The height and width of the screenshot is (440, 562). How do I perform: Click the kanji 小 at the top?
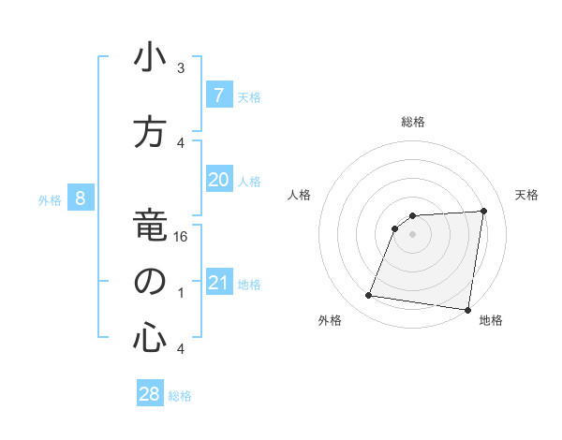point(149,59)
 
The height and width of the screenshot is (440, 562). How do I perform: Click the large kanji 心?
point(149,338)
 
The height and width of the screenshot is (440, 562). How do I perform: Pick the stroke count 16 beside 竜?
point(182,238)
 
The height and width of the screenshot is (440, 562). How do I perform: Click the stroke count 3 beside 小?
point(181,68)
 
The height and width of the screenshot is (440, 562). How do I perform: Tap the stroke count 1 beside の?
point(181,293)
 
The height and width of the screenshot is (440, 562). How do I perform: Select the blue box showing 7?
point(218,95)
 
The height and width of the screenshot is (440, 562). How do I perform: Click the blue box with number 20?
point(218,180)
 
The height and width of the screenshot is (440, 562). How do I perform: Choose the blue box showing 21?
point(218,283)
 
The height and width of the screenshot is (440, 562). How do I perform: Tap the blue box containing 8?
point(81,198)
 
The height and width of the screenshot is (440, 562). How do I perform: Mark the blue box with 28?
point(149,394)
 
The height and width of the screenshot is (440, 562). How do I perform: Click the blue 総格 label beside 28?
point(180,396)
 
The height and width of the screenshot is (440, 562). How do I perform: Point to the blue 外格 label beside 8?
point(50,199)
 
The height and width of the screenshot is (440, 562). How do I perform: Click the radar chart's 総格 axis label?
point(413,122)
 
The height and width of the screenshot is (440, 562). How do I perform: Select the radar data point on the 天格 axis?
point(483,211)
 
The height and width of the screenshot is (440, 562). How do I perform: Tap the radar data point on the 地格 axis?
point(466,310)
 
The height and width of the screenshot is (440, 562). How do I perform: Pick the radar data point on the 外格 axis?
point(369,296)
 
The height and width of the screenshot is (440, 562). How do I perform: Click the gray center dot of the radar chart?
point(412,234)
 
